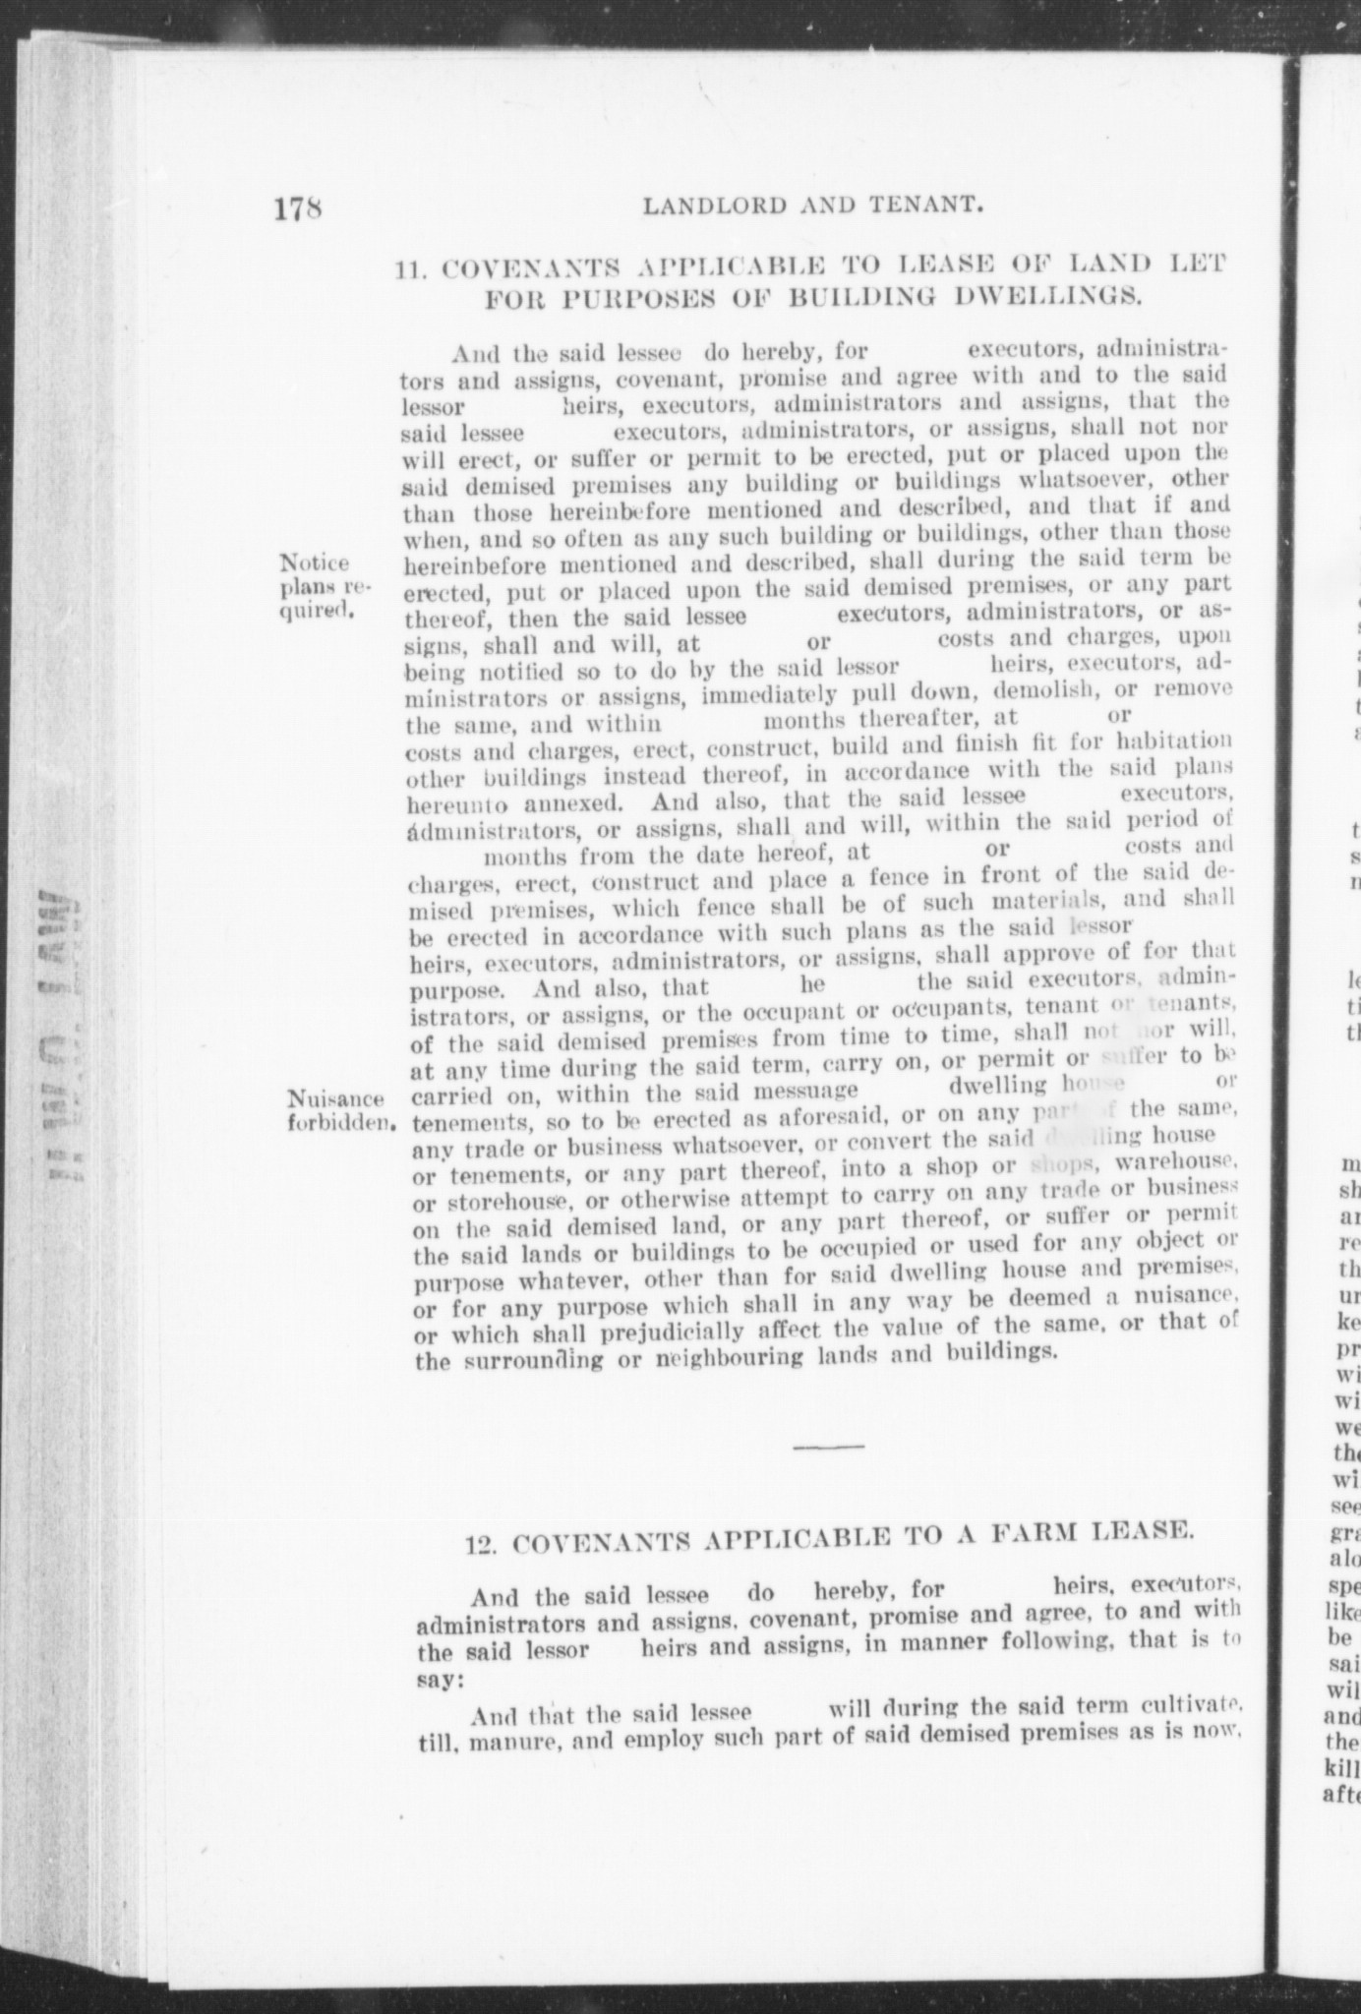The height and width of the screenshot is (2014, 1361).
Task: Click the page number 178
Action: pyautogui.click(x=299, y=209)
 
